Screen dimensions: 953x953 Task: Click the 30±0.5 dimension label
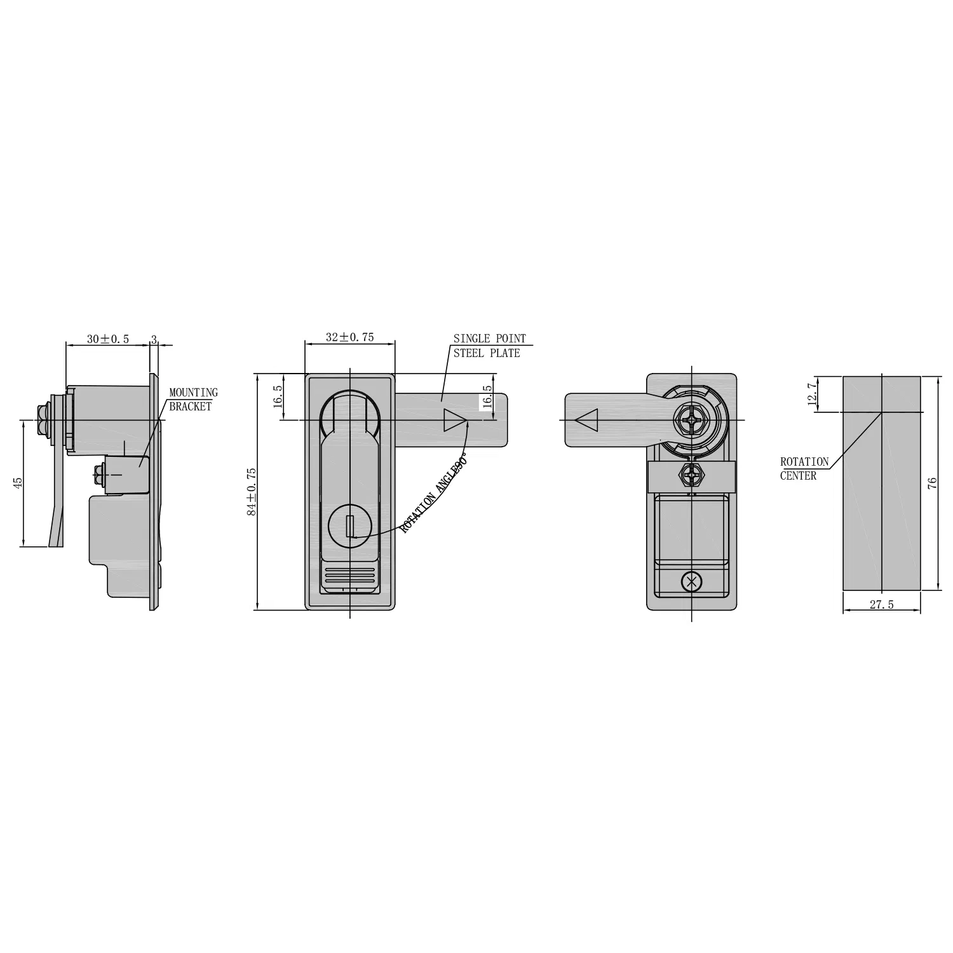tap(107, 339)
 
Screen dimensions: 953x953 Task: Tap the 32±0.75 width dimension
tap(349, 337)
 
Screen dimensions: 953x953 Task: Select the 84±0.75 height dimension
tap(252, 491)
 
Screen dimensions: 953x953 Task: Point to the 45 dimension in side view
tap(18, 483)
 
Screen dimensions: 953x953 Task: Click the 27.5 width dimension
tap(881, 605)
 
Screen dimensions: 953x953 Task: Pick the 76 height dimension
tap(932, 483)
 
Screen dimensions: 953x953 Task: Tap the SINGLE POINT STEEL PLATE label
tap(489, 346)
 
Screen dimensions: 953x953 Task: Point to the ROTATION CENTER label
tap(804, 469)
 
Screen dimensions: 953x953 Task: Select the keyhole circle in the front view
tap(349, 527)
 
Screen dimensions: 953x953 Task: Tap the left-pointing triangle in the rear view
tap(586, 421)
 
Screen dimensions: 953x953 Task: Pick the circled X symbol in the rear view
tap(691, 581)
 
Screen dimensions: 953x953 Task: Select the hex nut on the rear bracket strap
tap(691, 475)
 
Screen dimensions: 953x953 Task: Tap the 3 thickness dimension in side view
tap(153, 339)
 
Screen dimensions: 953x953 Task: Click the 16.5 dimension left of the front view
tap(278, 396)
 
